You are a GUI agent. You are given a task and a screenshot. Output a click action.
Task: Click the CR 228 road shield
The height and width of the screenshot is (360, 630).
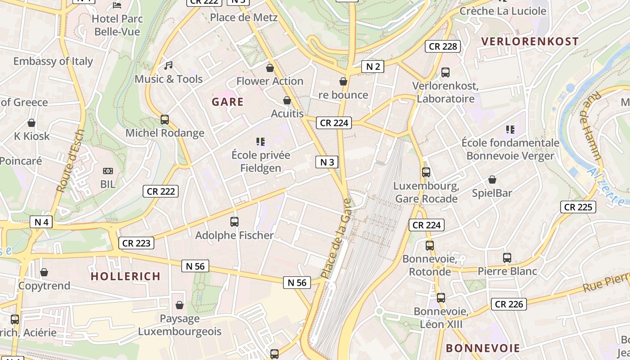(443, 46)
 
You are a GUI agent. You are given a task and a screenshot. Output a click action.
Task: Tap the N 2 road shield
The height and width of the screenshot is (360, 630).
(373, 67)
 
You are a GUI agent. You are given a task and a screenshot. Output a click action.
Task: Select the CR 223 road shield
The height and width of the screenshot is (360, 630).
(136, 243)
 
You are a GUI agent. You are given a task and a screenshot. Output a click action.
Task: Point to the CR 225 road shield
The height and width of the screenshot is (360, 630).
(578, 207)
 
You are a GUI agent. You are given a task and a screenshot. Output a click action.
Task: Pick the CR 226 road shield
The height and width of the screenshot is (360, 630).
(509, 304)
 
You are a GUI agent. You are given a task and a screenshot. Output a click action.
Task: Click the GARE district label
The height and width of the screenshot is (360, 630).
(228, 102)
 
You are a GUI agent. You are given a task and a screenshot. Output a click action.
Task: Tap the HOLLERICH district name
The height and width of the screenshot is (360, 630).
(126, 276)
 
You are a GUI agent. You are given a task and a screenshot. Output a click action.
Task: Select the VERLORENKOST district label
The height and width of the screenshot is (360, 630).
(530, 41)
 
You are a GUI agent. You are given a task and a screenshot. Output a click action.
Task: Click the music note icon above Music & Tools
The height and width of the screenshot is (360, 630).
(168, 66)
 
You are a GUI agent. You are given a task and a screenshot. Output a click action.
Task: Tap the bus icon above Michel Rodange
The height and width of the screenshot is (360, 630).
(165, 120)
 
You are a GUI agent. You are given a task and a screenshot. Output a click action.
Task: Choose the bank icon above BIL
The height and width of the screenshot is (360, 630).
(108, 171)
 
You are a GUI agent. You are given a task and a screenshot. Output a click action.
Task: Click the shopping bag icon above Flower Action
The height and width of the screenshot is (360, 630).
(270, 68)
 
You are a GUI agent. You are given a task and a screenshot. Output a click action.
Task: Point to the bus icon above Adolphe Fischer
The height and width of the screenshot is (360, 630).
(234, 221)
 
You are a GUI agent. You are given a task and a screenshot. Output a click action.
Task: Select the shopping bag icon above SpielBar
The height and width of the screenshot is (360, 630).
(492, 180)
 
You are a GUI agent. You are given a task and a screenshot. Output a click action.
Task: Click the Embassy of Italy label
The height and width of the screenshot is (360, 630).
(53, 61)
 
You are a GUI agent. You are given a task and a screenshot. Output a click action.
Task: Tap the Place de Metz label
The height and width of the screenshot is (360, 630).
(244, 18)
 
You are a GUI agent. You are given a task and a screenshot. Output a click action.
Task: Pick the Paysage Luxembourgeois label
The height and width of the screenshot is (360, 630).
(180, 325)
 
